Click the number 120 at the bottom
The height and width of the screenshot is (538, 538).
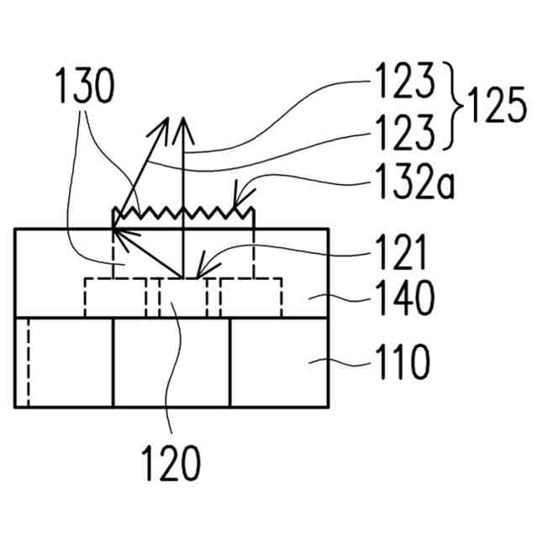(x=171, y=462)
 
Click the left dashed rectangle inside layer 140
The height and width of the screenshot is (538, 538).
(x=115, y=297)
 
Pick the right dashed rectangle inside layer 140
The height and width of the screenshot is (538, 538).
(x=251, y=297)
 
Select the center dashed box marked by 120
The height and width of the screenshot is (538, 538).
(x=182, y=297)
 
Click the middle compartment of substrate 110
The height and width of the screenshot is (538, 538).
(x=171, y=363)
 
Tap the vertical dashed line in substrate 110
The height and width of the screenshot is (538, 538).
(x=28, y=363)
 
